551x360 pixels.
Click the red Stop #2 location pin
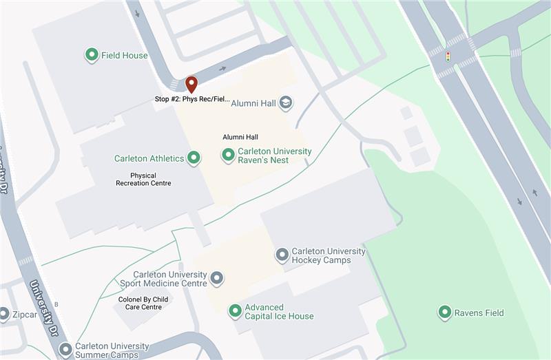[191, 85]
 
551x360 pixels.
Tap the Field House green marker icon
[91, 55]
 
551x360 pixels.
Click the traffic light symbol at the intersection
[448, 56]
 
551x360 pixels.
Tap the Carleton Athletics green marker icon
[194, 158]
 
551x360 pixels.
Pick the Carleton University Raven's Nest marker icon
[228, 156]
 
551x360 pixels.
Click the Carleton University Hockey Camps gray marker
[282, 255]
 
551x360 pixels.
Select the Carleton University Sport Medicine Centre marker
[217, 279]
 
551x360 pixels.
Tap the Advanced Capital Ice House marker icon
[235, 311]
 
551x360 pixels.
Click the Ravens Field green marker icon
[444, 313]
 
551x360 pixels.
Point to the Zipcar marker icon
[3, 315]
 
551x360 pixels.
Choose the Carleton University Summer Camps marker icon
[65, 350]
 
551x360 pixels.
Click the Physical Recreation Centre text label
[143, 179]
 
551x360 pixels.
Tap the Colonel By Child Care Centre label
[143, 303]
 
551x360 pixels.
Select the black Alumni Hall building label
[240, 137]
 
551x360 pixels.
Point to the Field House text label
[125, 55]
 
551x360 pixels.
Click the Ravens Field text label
[479, 313]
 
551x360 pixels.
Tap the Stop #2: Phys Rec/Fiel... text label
[192, 99]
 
